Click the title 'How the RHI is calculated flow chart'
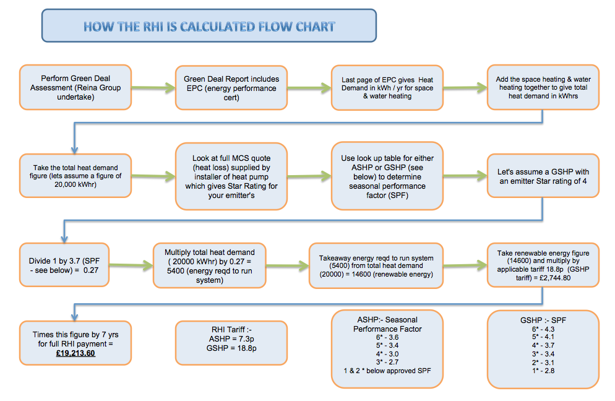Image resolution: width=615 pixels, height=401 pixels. pos(209,27)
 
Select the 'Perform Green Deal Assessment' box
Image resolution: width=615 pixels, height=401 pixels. pos(75,87)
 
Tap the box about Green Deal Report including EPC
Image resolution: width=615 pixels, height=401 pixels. pos(231,88)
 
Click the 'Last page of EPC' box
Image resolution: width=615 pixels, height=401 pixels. pos(387,88)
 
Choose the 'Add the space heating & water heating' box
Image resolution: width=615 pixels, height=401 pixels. pos(543,87)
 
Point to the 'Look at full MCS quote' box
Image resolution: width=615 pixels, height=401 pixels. pos(231,176)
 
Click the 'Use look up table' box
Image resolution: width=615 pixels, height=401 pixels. pos(387,176)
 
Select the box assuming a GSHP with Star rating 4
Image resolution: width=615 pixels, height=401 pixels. pos(543,176)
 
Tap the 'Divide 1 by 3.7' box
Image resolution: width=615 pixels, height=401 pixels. pos(64,265)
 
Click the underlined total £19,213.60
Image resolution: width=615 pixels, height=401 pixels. pos(75,353)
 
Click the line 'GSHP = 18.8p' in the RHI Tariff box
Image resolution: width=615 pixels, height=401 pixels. pos(231,348)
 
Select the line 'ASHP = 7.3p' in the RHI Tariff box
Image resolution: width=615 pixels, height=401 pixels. pos(231,338)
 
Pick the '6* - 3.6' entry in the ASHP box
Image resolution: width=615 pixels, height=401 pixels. pos(387,337)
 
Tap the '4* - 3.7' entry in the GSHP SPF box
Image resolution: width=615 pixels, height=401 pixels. pos(543,345)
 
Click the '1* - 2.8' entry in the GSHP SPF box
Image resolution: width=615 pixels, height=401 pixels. pos(543,371)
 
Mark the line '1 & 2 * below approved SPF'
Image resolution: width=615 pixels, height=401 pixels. pos(387,371)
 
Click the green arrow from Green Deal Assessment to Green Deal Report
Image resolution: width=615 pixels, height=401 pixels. pos(153,87)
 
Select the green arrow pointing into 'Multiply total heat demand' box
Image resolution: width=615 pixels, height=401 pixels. pos(131,265)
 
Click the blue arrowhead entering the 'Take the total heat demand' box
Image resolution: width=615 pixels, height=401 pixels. pos(74,150)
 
